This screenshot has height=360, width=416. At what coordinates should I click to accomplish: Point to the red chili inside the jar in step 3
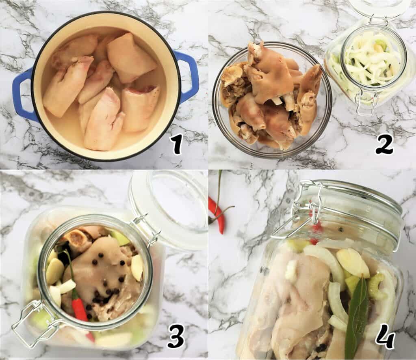[79, 306]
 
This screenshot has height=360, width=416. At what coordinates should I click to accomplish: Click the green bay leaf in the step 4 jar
[356, 317]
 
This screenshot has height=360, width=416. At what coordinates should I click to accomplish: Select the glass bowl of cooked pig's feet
[271, 99]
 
